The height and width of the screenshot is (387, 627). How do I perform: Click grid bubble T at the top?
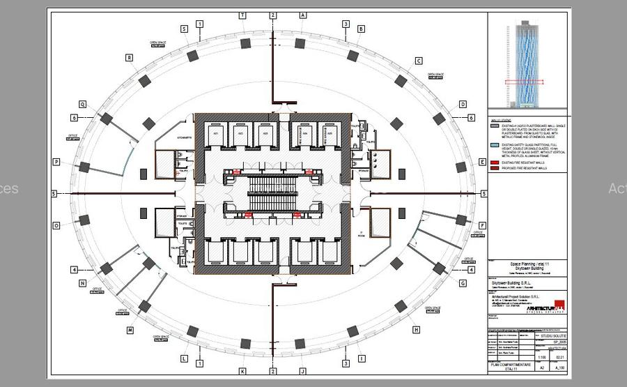pyautogui.click(x=242, y=15)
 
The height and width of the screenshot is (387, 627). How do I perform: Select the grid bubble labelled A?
pyautogui.click(x=303, y=15)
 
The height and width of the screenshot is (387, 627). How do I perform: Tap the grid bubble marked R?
pyautogui.click(x=130, y=58)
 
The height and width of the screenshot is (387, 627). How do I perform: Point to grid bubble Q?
pyautogui.click(x=82, y=105)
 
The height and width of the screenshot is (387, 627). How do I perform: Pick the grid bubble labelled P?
pyautogui.click(x=56, y=162)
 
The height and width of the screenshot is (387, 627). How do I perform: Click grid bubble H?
pyautogui.click(x=417, y=330)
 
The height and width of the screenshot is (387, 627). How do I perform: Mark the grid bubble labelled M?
pyautogui.click(x=130, y=330)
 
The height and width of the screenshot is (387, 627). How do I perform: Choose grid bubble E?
pyautogui.click(x=483, y=162)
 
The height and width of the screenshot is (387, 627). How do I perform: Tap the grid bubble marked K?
pyautogui.click(x=242, y=371)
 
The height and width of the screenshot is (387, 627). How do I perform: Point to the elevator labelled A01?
pyautogui.click(x=216, y=133)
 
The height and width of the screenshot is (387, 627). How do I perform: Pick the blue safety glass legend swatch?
pyautogui.click(x=495, y=145)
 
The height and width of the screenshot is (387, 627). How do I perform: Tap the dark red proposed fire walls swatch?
pyautogui.click(x=495, y=168)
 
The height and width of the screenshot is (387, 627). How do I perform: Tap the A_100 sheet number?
pyautogui.click(x=559, y=367)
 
